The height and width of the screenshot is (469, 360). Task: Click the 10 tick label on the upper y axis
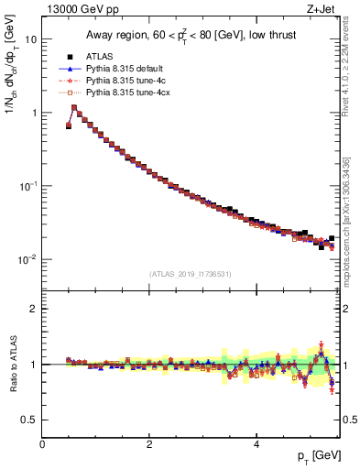pos(29,40)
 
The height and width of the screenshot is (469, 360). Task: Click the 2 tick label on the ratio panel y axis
pos(33,310)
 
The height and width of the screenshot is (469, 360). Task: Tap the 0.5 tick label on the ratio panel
pos(29,420)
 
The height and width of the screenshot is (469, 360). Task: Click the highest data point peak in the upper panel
pos(74,107)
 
